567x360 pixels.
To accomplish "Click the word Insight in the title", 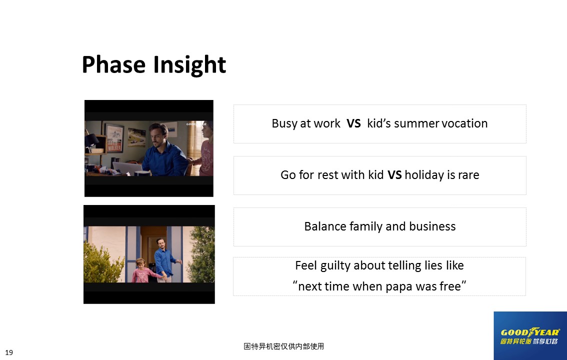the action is point(189,65).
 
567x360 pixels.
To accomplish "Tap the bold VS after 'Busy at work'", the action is point(353,123).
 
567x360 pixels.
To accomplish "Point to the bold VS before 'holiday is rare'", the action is point(394,175).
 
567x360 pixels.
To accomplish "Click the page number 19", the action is point(9,353).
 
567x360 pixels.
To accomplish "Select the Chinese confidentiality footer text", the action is point(284,346).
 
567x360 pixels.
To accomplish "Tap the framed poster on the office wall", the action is point(114,138).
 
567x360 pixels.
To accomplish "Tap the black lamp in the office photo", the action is point(91,141).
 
